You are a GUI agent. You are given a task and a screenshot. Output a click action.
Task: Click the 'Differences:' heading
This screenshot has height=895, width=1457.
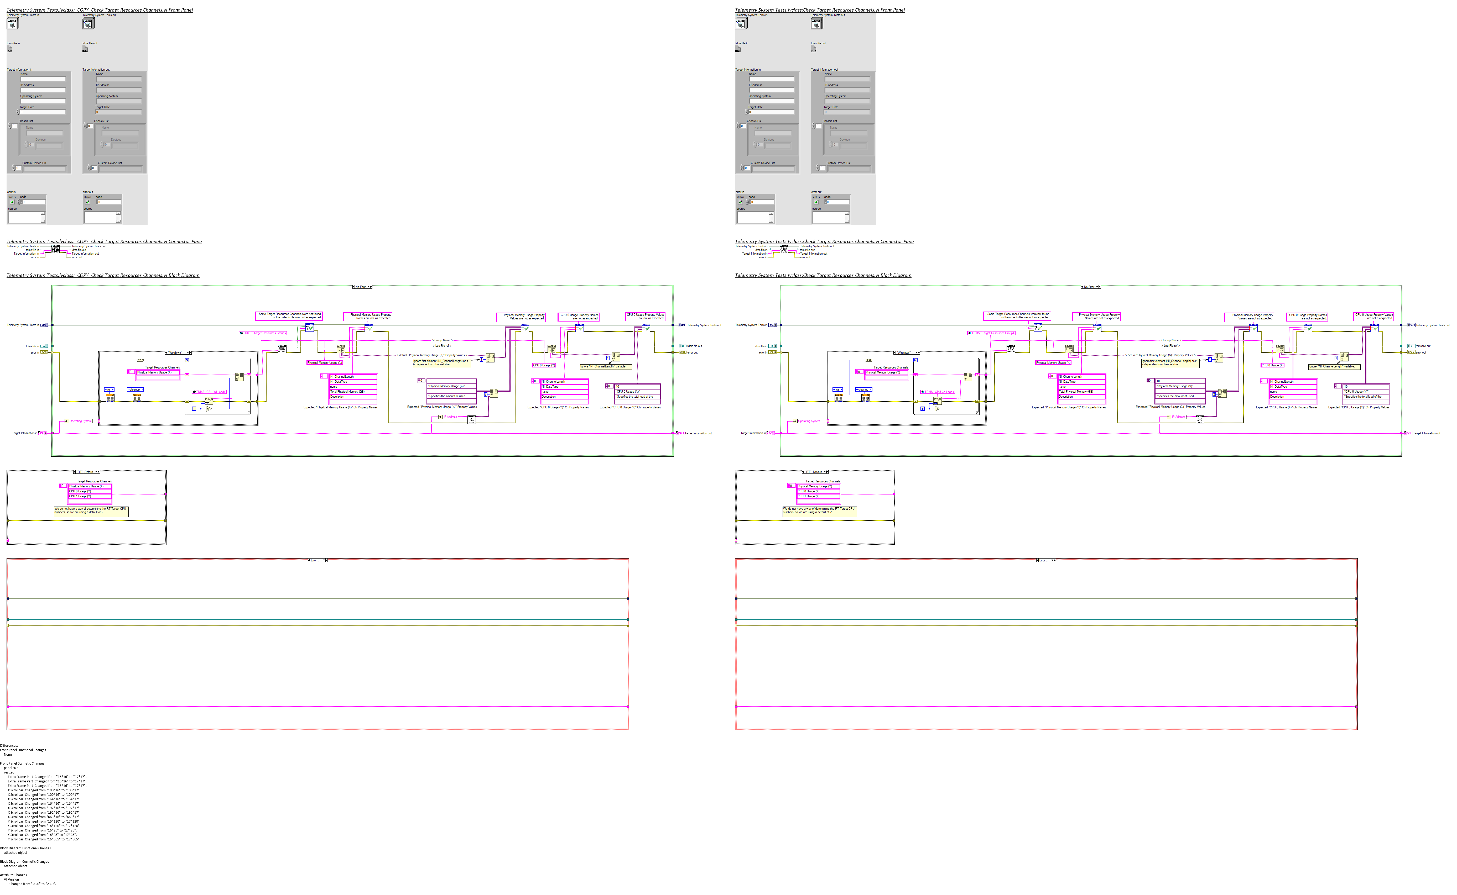tap(9, 745)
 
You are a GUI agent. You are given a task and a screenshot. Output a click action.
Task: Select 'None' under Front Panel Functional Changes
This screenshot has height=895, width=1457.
tap(8, 754)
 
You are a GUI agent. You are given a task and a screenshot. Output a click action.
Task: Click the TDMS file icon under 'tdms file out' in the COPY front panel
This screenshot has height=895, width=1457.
tap(85, 49)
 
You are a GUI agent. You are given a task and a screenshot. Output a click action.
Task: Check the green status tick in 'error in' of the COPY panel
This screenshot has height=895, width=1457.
tap(12, 202)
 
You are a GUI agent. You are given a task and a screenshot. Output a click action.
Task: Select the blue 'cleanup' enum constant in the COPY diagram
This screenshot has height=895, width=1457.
tap(135, 389)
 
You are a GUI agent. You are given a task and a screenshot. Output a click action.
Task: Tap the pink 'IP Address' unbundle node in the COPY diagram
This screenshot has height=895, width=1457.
tap(450, 417)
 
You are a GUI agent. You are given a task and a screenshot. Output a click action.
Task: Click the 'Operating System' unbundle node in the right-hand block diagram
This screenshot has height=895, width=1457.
tap(808, 421)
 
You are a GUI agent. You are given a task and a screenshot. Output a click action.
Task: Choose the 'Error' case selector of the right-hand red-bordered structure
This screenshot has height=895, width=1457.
tap(1045, 560)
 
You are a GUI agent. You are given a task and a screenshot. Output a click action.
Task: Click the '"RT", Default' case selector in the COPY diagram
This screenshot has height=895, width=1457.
tap(86, 472)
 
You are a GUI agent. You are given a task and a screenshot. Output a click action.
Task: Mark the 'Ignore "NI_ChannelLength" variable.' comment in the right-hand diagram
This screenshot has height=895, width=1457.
tap(1334, 366)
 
